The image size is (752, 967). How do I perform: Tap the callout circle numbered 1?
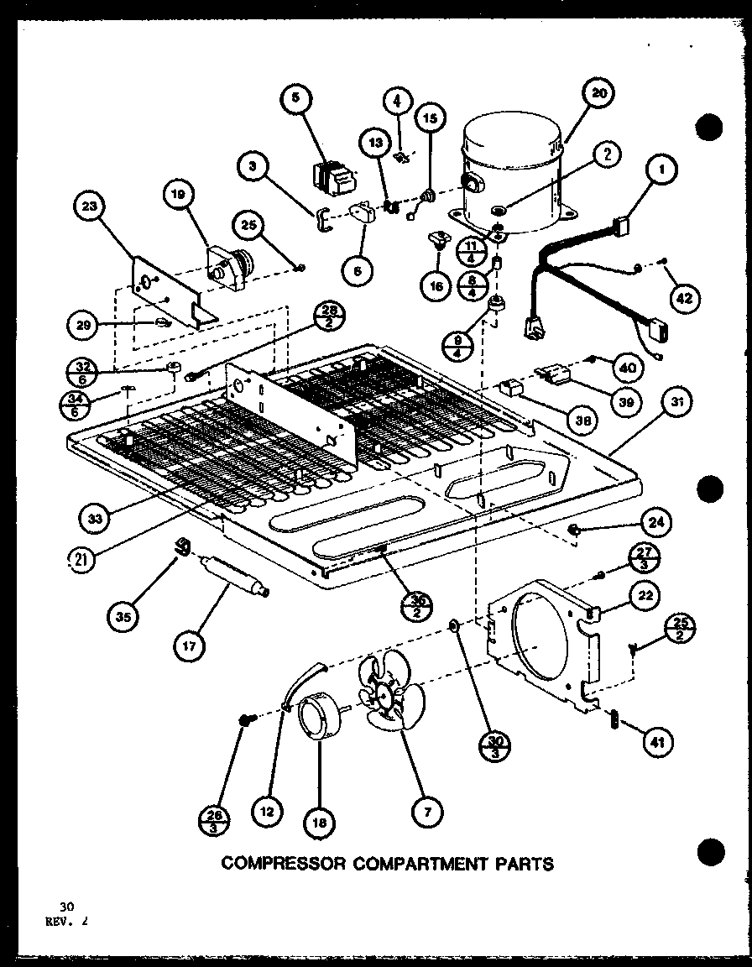[662, 171]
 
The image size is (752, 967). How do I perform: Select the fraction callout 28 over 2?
[327, 318]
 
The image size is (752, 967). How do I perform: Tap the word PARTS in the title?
[523, 863]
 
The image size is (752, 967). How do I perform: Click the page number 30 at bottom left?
[66, 906]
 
